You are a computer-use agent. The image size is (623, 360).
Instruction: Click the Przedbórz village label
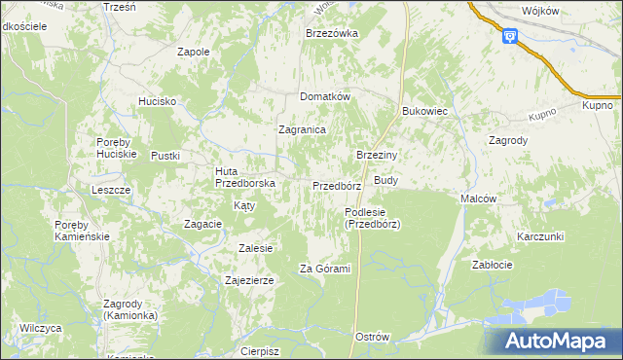tap(337, 185)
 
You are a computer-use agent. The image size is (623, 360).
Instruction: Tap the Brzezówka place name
tap(332, 33)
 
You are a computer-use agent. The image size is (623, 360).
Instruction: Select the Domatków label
tap(324, 96)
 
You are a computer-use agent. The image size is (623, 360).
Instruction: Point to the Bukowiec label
tap(424, 111)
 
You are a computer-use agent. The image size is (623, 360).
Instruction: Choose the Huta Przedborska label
tap(245, 176)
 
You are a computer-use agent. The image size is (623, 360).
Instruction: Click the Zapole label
tap(193, 52)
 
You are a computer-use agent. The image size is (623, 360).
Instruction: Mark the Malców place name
tap(478, 198)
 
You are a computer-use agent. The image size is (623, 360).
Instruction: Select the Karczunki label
tap(541, 236)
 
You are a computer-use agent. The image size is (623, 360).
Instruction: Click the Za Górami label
tap(324, 269)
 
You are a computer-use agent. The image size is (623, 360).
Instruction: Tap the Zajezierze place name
tap(249, 280)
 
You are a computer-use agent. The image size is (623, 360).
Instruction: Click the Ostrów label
tap(373, 337)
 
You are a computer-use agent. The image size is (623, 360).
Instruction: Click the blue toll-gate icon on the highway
tap(509, 36)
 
